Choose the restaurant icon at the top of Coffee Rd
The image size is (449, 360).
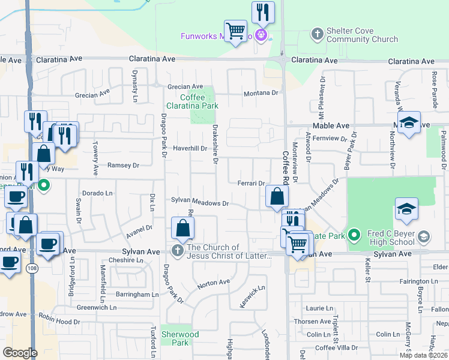click(x=263, y=11)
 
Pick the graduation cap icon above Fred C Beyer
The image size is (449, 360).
click(x=406, y=208)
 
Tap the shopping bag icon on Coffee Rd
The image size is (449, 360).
click(x=277, y=196)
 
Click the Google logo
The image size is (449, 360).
click(x=20, y=353)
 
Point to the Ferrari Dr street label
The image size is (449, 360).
click(x=251, y=184)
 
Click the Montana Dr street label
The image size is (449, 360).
click(x=261, y=93)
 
